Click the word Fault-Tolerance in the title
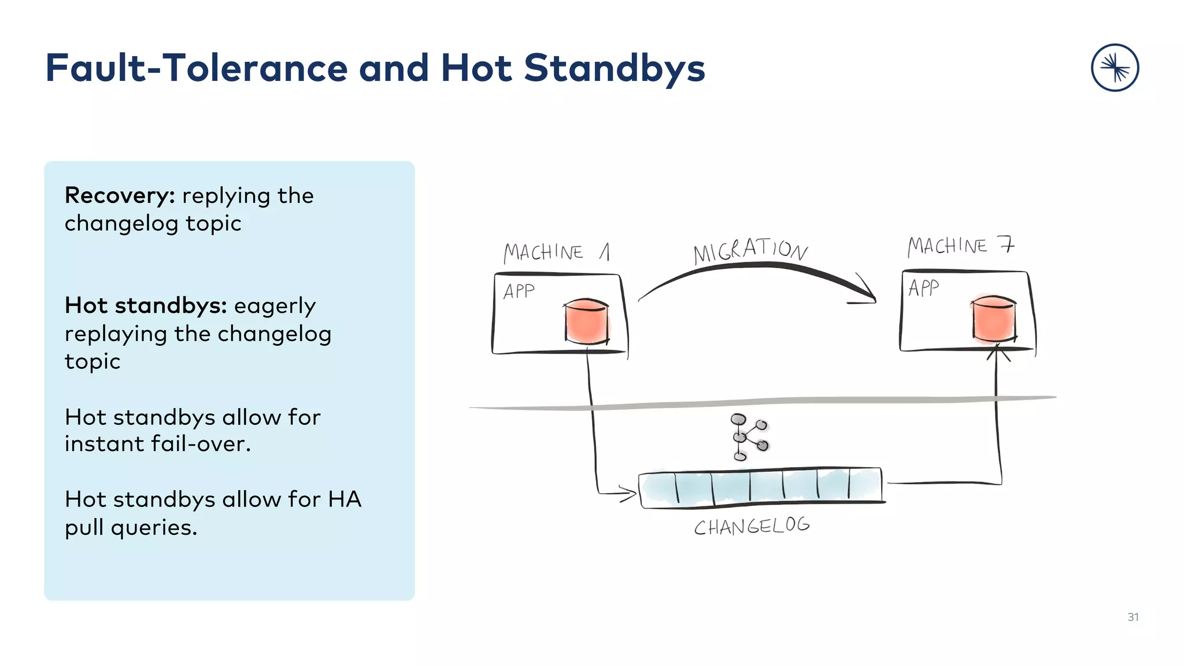coord(197,68)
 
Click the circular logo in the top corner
coord(1115,68)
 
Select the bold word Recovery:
coord(120,195)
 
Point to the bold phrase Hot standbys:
coord(145,305)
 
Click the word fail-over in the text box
coord(200,444)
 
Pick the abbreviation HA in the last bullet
coord(345,499)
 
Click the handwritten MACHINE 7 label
coord(960,246)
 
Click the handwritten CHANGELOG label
coord(752,527)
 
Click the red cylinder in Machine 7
coord(994,319)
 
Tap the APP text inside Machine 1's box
coord(519,291)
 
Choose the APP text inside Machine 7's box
coord(923,287)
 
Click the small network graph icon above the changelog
coord(749,437)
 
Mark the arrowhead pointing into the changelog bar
coord(629,493)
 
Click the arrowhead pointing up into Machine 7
coord(997,350)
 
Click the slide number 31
coord(1133,617)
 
